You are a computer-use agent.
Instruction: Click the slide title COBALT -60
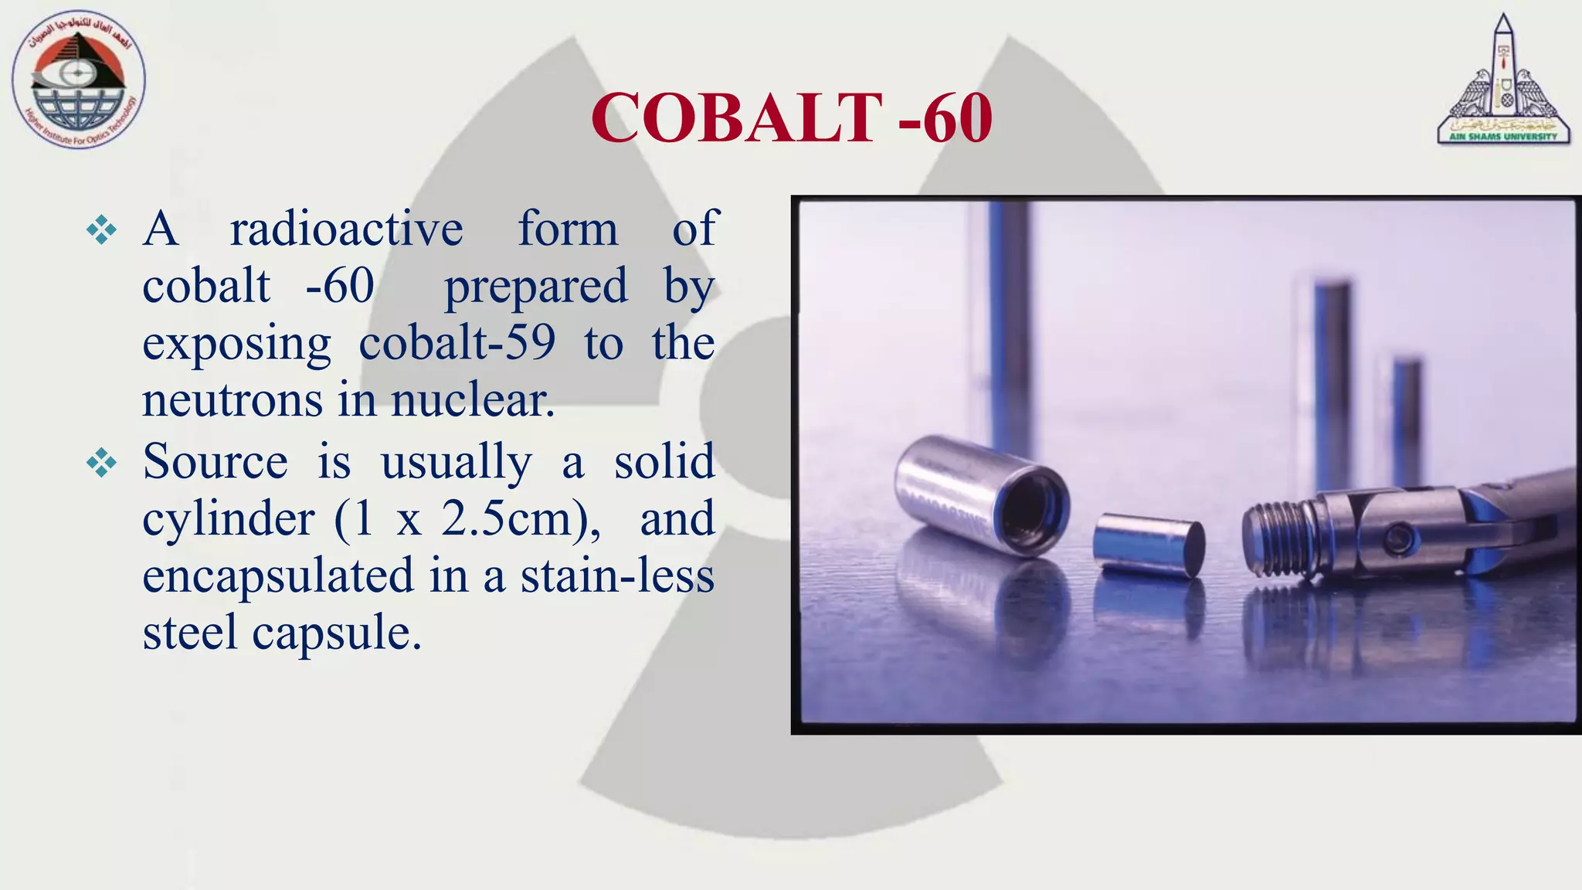791,118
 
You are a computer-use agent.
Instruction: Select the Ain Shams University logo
1502,82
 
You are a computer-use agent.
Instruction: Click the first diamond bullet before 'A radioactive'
101,230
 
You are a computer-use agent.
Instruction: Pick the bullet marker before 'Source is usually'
101,464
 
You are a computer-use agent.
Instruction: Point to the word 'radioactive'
346,229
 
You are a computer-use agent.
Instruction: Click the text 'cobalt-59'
457,343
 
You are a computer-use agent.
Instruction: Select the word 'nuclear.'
473,400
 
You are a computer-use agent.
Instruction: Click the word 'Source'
215,462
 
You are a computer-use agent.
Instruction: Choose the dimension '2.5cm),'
521,519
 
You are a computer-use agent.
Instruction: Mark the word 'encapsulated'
278,576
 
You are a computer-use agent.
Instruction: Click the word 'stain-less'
617,576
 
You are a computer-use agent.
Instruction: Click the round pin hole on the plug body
1397,536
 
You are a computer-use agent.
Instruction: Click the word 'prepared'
536,287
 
